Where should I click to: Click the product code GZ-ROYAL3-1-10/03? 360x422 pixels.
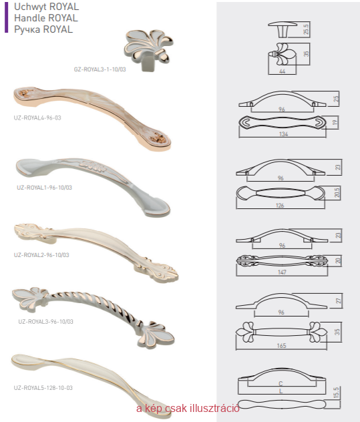(100, 69)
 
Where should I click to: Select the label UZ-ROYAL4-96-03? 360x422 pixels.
(37, 118)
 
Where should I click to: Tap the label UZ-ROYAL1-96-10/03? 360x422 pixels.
(45, 188)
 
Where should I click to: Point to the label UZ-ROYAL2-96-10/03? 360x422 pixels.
(41, 255)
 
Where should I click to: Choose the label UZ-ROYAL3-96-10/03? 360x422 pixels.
(46, 322)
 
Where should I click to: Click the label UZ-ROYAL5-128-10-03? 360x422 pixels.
(43, 388)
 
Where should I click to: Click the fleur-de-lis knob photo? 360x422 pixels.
(148, 49)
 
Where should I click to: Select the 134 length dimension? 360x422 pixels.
(284, 134)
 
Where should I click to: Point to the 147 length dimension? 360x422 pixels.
(282, 272)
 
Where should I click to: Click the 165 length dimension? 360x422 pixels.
(281, 346)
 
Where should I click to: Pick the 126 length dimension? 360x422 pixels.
(280, 206)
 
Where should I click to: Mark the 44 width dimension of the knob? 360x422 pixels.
(282, 71)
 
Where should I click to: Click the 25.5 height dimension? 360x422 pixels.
(306, 29)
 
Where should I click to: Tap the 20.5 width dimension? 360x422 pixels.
(337, 192)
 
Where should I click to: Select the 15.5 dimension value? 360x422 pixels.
(336, 393)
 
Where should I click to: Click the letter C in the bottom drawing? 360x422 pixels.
(281, 384)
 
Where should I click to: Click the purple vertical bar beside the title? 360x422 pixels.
(6, 17)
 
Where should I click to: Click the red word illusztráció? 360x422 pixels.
(214, 408)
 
